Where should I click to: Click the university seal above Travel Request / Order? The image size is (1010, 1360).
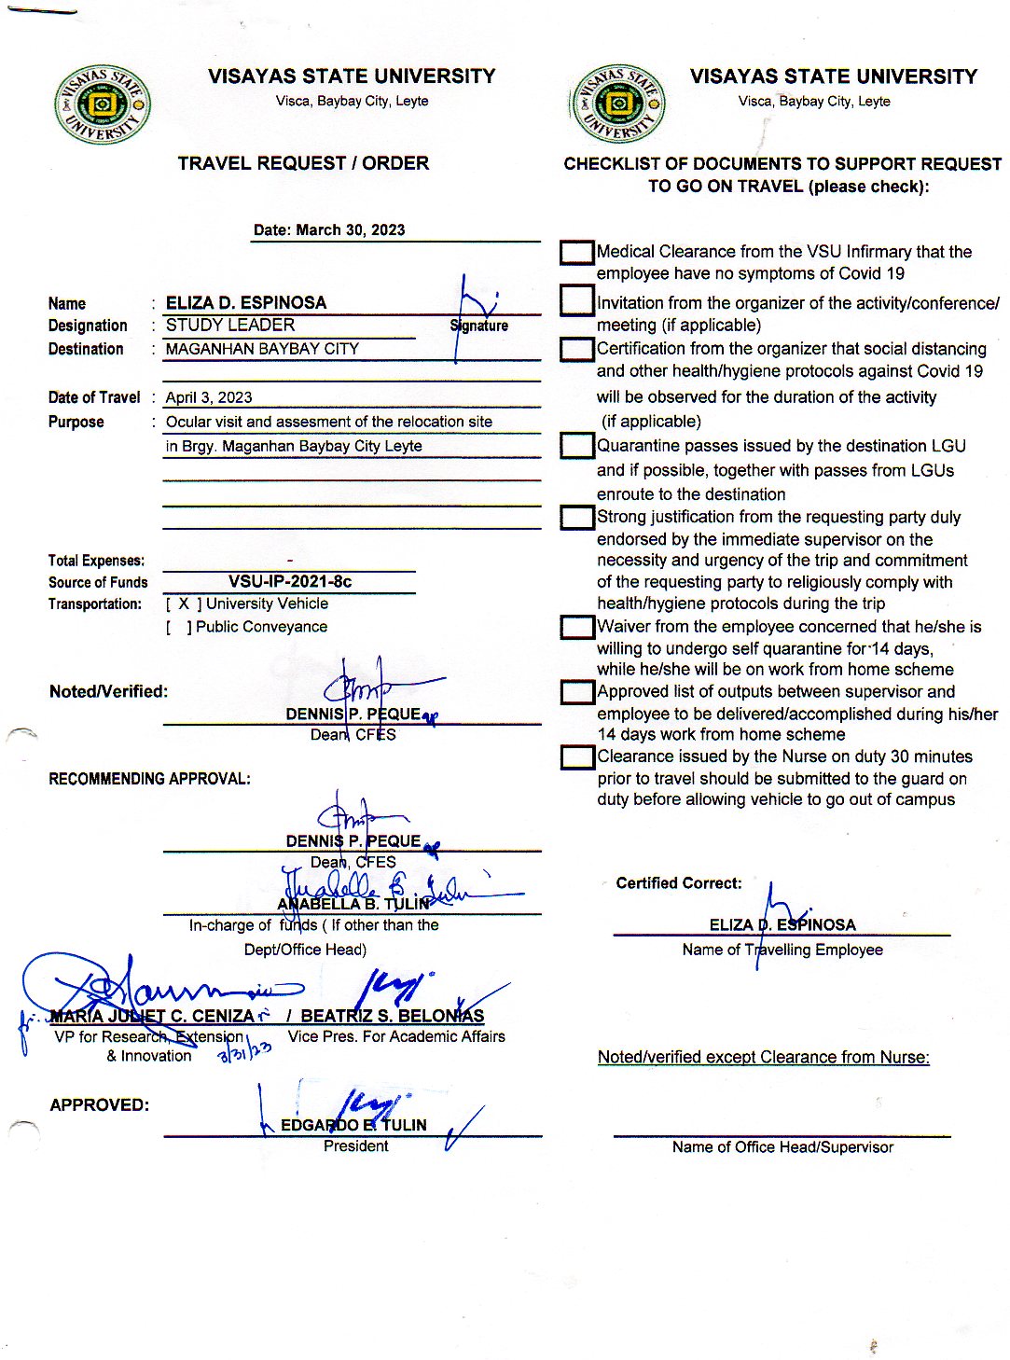pos(103,104)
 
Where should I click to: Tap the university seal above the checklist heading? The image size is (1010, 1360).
pos(617,104)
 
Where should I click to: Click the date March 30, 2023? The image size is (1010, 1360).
pos(350,230)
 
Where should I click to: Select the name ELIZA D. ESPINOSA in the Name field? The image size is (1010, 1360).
pos(246,303)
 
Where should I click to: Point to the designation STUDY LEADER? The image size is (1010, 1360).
pos(230,326)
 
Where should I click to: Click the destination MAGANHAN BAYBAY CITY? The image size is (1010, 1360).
pos(262,349)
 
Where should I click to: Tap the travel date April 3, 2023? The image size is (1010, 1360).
pos(209,397)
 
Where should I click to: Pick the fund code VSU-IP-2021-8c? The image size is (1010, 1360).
pos(290,582)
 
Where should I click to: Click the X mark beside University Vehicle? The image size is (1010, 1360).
pos(184,604)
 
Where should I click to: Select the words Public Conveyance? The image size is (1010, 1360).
pos(261,627)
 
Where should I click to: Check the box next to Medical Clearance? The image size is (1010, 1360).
pos(577,253)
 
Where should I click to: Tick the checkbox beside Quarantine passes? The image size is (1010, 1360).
pos(577,446)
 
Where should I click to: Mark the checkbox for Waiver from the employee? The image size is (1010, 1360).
pos(577,627)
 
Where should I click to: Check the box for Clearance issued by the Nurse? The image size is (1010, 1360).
pos(577,757)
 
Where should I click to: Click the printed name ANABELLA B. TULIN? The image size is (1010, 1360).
pos(353,904)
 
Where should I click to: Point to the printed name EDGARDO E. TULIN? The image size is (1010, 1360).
pos(353,1125)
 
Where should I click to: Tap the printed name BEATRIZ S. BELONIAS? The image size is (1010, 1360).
pos(392,1016)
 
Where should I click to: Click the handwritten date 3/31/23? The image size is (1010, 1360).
pos(244,1051)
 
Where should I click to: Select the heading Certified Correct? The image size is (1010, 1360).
pos(679,883)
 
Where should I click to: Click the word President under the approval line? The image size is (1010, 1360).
pos(355,1146)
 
